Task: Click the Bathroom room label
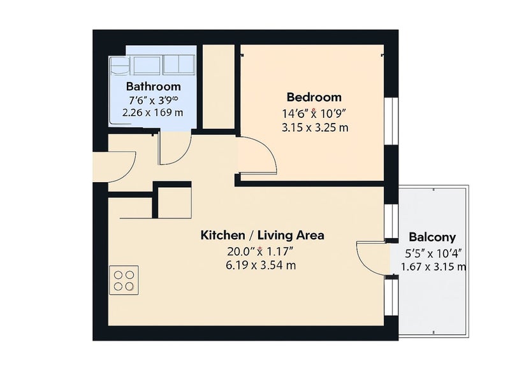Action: (x=153, y=87)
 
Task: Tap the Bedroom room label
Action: (x=314, y=97)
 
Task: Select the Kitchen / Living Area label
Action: (x=262, y=235)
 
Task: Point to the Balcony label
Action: (x=432, y=237)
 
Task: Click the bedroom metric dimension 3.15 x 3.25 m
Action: (x=315, y=128)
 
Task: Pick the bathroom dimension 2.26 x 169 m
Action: (x=152, y=113)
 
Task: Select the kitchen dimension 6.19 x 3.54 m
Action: (x=261, y=265)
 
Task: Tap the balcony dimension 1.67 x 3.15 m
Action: (x=433, y=267)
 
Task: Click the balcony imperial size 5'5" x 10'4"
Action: (x=433, y=253)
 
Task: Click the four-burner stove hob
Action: (x=124, y=280)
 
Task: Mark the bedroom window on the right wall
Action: (x=391, y=121)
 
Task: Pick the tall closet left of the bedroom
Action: (x=219, y=87)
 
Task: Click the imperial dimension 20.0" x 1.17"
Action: (x=261, y=251)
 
